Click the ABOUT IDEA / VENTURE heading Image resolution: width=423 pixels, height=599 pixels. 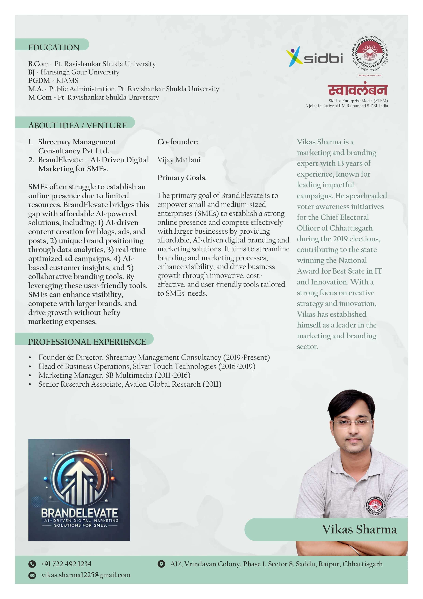click(x=77, y=126)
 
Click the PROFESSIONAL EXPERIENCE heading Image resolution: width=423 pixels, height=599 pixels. click(x=87, y=342)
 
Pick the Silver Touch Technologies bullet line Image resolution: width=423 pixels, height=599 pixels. click(x=147, y=366)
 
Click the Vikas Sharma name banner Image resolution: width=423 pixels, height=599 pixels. click(x=359, y=529)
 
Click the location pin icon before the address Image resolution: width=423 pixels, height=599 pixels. click(x=161, y=564)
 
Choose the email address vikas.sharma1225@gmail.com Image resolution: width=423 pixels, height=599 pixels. click(x=86, y=575)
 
